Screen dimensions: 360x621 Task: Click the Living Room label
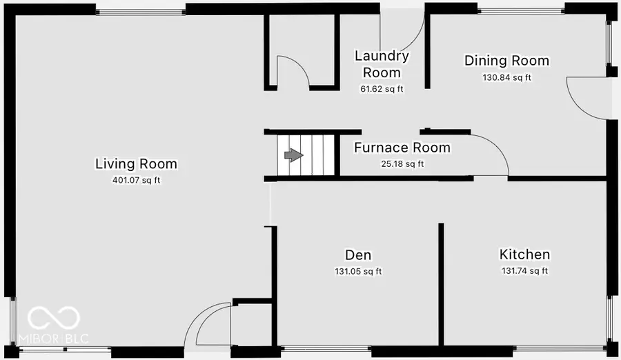click(x=136, y=164)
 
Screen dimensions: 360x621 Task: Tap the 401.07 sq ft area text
click(x=136, y=181)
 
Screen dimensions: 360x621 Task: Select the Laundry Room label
click(x=382, y=64)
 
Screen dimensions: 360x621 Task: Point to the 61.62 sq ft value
click(x=382, y=89)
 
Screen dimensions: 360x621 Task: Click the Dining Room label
click(x=506, y=61)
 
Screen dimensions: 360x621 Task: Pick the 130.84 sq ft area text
click(x=506, y=77)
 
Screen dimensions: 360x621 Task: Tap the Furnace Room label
click(x=402, y=148)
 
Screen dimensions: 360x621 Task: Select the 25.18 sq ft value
click(x=402, y=164)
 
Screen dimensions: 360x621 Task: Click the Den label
click(x=358, y=254)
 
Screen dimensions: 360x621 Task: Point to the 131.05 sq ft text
click(x=358, y=272)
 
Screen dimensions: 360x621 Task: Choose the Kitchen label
click(x=524, y=254)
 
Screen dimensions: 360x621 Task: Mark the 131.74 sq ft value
click(x=524, y=272)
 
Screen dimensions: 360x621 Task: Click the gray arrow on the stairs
click(x=294, y=155)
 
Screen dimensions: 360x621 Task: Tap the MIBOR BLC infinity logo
click(x=54, y=318)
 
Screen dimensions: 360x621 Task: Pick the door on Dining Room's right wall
click(x=585, y=97)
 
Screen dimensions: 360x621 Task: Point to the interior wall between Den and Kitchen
click(x=441, y=283)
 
